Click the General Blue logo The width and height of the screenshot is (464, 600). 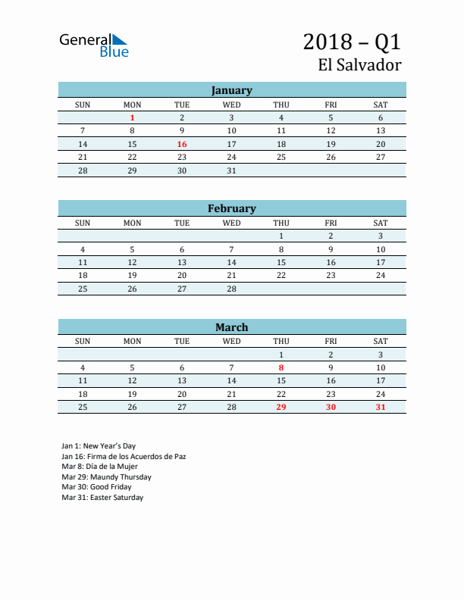coord(94,45)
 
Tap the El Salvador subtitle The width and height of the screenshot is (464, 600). coord(359,65)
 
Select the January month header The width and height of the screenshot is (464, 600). coord(231,90)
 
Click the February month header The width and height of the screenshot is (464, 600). coord(231,208)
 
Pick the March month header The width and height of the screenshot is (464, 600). coord(231,327)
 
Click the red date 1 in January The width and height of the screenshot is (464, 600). coord(133,117)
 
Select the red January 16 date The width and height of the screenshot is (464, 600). coord(182,144)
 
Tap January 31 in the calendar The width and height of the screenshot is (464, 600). coord(232,170)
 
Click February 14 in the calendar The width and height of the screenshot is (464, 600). coord(232,262)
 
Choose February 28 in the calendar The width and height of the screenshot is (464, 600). coord(232,289)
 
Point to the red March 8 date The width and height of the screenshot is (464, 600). coord(281,367)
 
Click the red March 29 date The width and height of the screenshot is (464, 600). coord(281,408)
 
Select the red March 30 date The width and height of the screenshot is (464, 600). coord(331,408)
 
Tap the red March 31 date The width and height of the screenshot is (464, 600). coord(381,408)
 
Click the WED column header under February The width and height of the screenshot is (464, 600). coord(232,223)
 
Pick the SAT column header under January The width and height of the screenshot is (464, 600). coord(381,105)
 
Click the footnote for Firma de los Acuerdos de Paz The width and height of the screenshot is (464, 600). coord(124,457)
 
